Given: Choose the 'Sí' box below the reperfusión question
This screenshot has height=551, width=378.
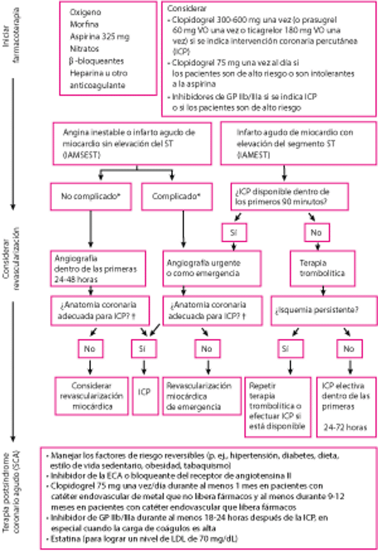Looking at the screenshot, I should pos(285,349).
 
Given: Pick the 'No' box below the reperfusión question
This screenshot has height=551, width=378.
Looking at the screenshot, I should pos(348,349).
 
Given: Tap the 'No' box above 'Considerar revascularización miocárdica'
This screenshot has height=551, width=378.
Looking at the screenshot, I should pos(90,349).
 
